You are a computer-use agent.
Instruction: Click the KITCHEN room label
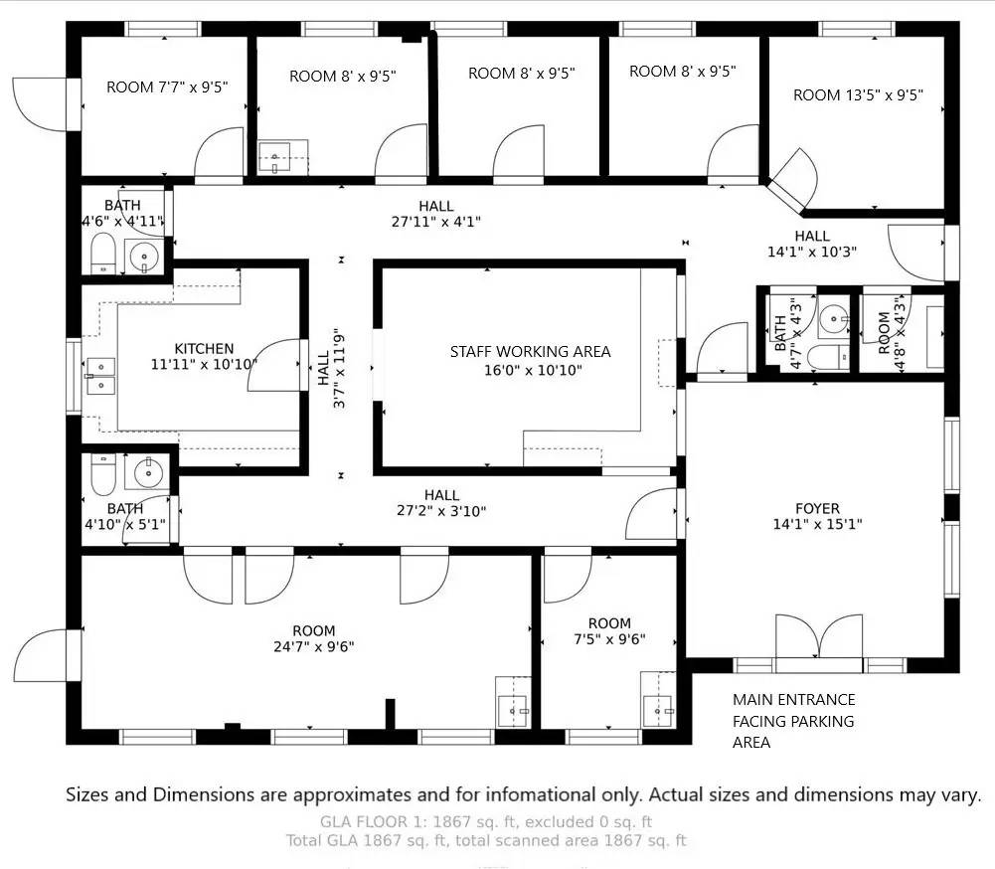205,357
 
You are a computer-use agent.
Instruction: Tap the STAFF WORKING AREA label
531,361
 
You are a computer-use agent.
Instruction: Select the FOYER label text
817,516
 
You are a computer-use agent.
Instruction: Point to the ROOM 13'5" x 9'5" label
858,95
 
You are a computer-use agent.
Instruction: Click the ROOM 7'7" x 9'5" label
167,87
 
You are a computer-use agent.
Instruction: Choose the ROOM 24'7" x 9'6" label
313,638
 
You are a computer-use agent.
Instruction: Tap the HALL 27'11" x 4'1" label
436,214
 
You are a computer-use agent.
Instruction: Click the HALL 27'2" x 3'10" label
441,503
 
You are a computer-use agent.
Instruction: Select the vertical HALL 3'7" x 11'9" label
332,371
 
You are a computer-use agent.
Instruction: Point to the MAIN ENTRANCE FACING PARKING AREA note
794,721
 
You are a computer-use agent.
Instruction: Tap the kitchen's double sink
100,377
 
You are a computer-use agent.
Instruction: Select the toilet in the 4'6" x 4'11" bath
102,253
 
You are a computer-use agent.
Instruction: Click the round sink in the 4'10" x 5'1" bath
148,473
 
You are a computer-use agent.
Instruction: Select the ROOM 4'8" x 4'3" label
892,334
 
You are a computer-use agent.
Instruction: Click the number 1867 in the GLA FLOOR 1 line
452,822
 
